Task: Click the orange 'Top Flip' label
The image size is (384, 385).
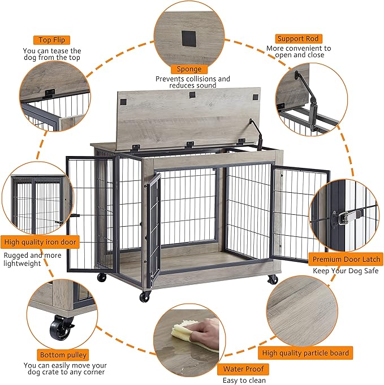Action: click(51, 40)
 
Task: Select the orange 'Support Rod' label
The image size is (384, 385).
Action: click(298, 38)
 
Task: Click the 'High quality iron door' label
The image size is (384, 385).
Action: click(40, 243)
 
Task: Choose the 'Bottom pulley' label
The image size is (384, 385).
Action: click(63, 355)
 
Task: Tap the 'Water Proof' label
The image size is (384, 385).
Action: click(243, 369)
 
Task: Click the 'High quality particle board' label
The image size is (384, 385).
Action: click(306, 353)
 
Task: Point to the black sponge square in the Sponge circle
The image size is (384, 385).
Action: click(188, 38)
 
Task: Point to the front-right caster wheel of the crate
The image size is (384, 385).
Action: click(273, 279)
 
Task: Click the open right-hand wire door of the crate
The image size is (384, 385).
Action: click(299, 209)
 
